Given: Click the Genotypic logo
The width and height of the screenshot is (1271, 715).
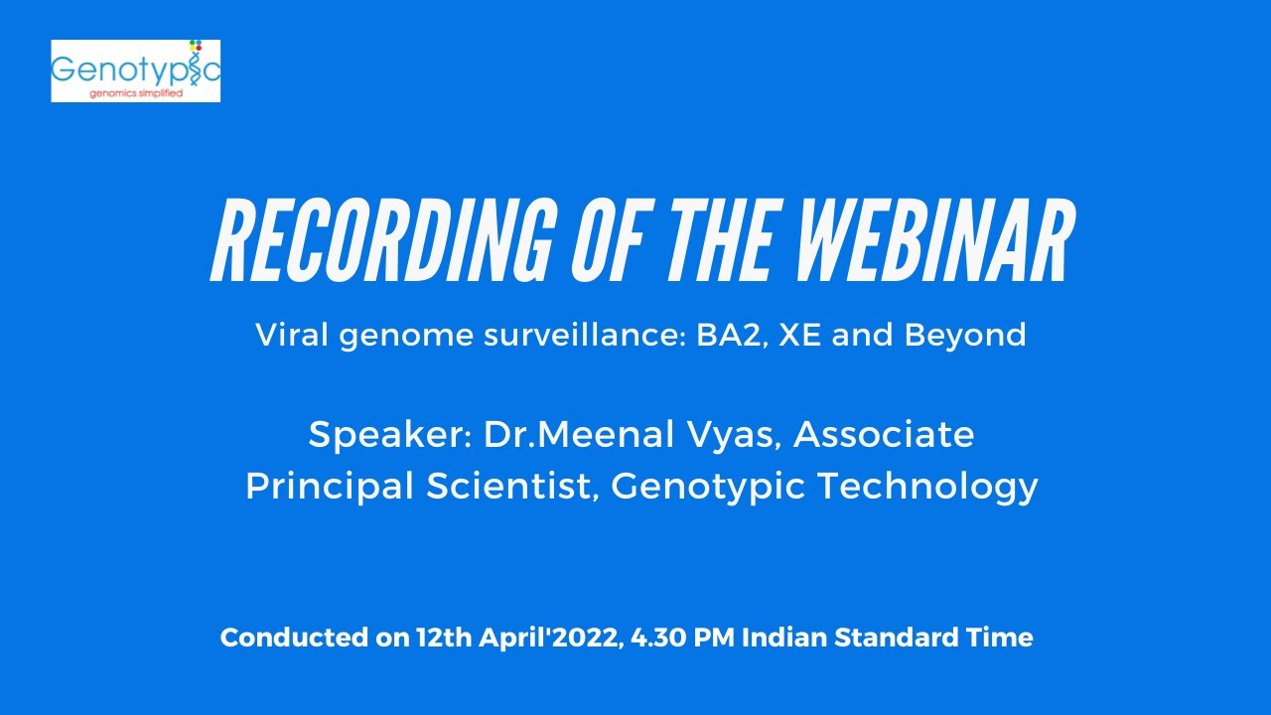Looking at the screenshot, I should pos(136,71).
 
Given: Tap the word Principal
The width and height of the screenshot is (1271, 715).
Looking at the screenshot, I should pos(324,487).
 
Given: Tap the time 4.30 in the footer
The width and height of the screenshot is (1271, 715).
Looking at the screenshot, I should pos(660,638).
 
